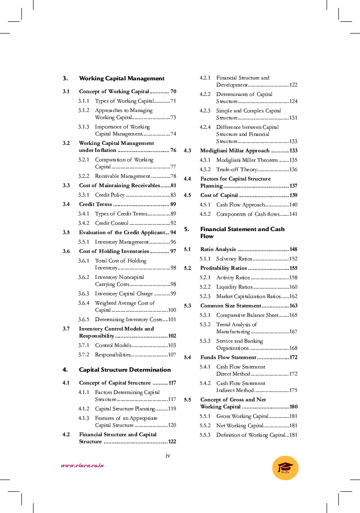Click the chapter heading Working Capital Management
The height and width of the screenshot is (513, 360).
(x=122, y=78)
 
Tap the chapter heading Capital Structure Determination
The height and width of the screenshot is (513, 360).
(x=125, y=370)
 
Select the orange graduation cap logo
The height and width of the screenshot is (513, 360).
(x=285, y=468)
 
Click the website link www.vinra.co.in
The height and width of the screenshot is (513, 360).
(x=82, y=466)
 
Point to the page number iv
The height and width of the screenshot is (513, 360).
(x=168, y=455)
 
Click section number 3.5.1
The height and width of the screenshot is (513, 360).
(x=84, y=242)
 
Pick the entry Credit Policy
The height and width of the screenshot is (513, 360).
(x=110, y=195)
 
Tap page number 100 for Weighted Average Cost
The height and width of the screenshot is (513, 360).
(x=172, y=310)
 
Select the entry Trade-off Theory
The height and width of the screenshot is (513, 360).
(x=237, y=170)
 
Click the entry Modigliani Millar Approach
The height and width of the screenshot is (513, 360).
(x=235, y=151)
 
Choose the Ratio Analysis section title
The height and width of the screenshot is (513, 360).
(x=218, y=249)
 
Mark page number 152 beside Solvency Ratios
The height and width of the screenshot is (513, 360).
(x=293, y=259)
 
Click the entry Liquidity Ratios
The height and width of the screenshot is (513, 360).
(x=234, y=287)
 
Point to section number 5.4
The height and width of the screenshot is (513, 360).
(x=187, y=358)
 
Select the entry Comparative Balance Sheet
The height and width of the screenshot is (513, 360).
(x=247, y=315)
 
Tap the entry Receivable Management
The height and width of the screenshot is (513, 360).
(x=122, y=176)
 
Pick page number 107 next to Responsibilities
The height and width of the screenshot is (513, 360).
(x=172, y=355)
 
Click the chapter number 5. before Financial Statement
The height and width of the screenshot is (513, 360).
(x=186, y=229)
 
